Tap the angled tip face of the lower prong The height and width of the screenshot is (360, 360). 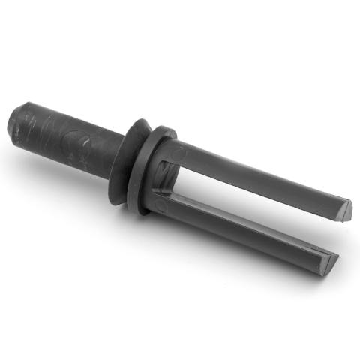pos(328,259)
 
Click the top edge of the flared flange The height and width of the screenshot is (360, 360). pos(139,121)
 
